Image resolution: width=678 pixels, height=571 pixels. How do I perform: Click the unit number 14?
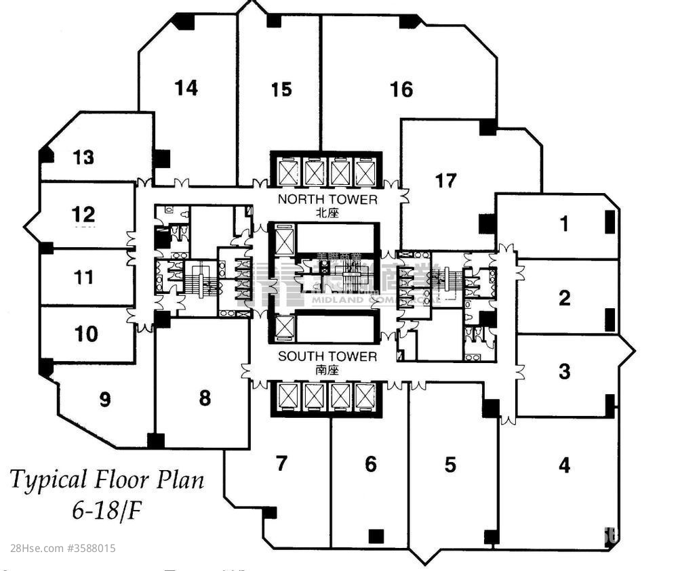[x=186, y=88]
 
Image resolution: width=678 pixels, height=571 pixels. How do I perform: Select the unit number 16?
[x=401, y=89]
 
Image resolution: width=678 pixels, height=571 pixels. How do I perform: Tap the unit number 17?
[x=445, y=181]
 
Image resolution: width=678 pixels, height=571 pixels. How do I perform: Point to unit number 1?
[x=564, y=224]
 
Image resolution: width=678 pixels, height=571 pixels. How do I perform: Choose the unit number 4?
[x=564, y=465]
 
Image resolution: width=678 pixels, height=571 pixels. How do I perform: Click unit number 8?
[x=205, y=398]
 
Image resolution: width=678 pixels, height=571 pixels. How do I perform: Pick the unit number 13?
[x=83, y=158]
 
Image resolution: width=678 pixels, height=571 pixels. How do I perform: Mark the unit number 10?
[x=87, y=334]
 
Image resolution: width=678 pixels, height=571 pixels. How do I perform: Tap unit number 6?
[x=370, y=465]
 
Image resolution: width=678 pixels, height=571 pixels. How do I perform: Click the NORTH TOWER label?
[x=327, y=199]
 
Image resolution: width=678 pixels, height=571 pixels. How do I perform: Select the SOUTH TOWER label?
[x=327, y=356]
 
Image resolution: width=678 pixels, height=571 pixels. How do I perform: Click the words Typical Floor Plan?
[x=106, y=480]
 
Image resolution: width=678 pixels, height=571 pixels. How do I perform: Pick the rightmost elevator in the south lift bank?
[x=365, y=398]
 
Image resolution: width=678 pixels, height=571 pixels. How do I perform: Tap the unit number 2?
[x=564, y=298]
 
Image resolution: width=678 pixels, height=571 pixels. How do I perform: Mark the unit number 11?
[x=84, y=277]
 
